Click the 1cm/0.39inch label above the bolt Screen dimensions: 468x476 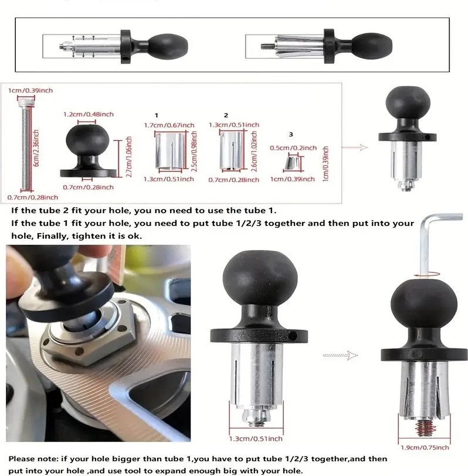pyautogui.click(x=30, y=91)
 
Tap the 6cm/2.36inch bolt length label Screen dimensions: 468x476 pyautogui.click(x=36, y=148)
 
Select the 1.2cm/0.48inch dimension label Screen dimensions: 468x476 pyautogui.click(x=89, y=114)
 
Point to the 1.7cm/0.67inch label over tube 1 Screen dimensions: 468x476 pyautogui.click(x=169, y=125)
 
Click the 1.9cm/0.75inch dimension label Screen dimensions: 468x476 pyautogui.click(x=425, y=447)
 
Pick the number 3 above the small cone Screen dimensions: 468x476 pyautogui.click(x=291, y=134)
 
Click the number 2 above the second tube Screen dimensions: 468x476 pyautogui.click(x=226, y=115)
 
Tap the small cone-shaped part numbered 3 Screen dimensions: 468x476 pyautogui.click(x=291, y=163)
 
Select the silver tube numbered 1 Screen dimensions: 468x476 pyautogui.click(x=170, y=150)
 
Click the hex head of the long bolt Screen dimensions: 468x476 pyautogui.click(x=26, y=103)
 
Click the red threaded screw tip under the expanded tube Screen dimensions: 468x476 pyautogui.click(x=425, y=429)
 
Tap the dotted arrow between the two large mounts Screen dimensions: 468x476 pyautogui.click(x=340, y=355)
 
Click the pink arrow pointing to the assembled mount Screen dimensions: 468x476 pyautogui.click(x=355, y=148)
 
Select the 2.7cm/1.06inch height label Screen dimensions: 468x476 pyautogui.click(x=129, y=157)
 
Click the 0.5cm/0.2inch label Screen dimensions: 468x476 pyautogui.click(x=293, y=148)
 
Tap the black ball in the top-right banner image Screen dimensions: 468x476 pyautogui.click(x=372, y=45)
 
